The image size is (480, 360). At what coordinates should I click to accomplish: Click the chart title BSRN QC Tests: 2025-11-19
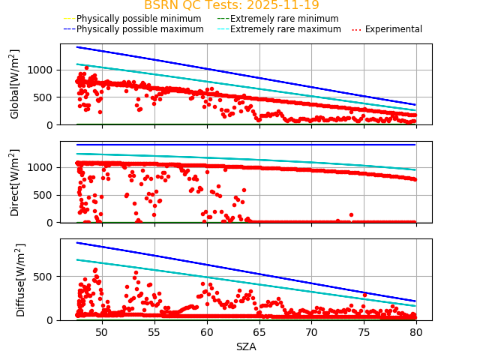pos(231,5)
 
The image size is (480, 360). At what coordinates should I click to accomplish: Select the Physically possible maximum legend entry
pos(139,29)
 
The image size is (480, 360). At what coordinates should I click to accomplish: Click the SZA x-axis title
pos(246,346)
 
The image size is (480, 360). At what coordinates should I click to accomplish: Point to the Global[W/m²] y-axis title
pos(15,84)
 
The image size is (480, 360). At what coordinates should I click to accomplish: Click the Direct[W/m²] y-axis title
pos(15,182)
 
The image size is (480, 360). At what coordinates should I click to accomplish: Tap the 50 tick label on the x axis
pos(101,331)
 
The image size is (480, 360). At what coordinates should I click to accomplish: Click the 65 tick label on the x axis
pos(259,331)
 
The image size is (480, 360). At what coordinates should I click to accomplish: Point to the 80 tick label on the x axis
pos(416,331)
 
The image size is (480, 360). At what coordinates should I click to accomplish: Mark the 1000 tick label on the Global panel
pos(43,70)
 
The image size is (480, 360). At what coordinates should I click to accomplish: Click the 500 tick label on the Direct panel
pos(46,195)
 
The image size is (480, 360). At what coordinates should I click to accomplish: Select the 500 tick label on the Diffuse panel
pos(46,277)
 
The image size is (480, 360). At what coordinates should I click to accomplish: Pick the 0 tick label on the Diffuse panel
pos(52,320)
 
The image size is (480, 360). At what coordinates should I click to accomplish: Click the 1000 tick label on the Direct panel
pos(43,167)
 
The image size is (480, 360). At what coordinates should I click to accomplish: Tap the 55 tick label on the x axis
pos(154,331)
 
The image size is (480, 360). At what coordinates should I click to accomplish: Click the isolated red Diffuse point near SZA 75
pos(364,295)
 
